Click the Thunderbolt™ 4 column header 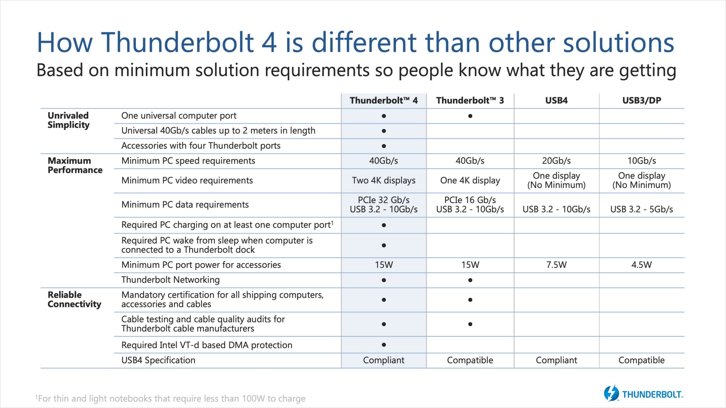(384, 101)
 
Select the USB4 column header (556, 101)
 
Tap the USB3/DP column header (642, 101)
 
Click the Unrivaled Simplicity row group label (68, 120)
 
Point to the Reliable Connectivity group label (74, 299)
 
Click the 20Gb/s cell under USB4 (556, 161)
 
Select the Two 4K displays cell (384, 180)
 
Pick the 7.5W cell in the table (556, 265)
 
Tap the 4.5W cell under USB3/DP (641, 265)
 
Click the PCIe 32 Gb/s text (384, 200)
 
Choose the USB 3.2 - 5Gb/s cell (641, 209)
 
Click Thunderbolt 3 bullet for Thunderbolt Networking (470, 280)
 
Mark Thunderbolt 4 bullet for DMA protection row (384, 345)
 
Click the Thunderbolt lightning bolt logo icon (611, 393)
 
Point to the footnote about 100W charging (170, 398)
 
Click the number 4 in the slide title (269, 42)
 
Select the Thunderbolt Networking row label (171, 280)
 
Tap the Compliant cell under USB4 (556, 360)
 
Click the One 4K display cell (470, 180)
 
